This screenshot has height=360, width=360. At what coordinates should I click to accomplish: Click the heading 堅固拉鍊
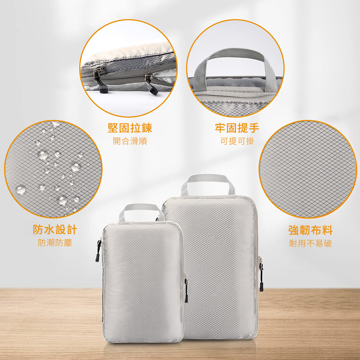[x=130, y=128]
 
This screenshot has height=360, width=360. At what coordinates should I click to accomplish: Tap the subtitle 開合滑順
[x=130, y=141]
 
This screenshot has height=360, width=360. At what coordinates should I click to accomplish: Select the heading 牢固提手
[x=237, y=128]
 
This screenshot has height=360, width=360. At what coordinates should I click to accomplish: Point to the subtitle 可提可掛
[x=237, y=141]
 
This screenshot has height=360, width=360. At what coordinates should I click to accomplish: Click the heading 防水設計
[x=55, y=230]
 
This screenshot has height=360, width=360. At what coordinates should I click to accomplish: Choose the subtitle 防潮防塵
[x=55, y=243]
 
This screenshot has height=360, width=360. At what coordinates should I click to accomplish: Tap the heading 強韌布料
[x=310, y=230]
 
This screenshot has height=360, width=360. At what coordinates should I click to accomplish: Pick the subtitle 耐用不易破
[x=310, y=243]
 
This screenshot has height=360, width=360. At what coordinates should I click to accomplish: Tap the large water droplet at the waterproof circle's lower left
[x=21, y=189]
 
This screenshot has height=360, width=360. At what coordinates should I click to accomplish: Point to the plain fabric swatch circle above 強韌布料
[x=308, y=169]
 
